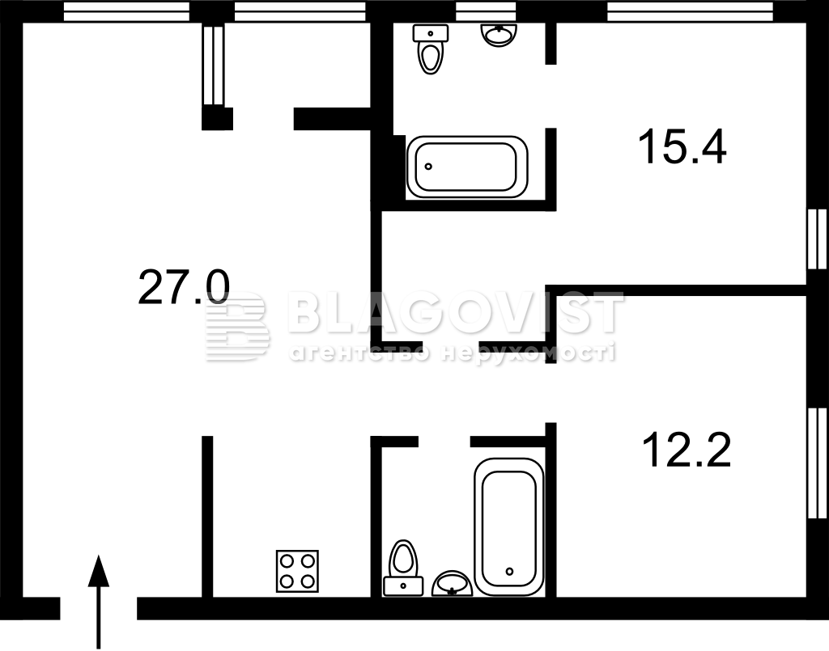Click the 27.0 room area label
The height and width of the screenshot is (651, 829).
[184, 287]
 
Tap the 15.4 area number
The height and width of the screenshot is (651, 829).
[682, 147]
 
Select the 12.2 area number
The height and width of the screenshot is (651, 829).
[687, 450]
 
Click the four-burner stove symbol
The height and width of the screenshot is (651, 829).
[297, 571]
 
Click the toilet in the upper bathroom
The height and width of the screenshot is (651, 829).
[431, 49]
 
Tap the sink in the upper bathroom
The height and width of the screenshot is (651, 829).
[498, 35]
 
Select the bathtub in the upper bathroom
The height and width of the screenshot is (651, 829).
[467, 167]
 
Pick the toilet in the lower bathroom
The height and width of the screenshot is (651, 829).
[403, 568]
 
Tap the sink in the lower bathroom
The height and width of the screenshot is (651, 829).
[452, 583]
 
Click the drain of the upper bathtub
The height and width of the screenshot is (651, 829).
[428, 167]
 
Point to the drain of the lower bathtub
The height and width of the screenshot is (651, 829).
[509, 571]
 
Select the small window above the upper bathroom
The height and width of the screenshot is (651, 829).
[486, 11]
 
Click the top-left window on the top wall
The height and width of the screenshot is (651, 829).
[126, 11]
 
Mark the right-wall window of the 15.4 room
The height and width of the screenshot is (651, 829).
[818, 239]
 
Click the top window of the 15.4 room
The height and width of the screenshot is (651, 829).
[691, 11]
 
